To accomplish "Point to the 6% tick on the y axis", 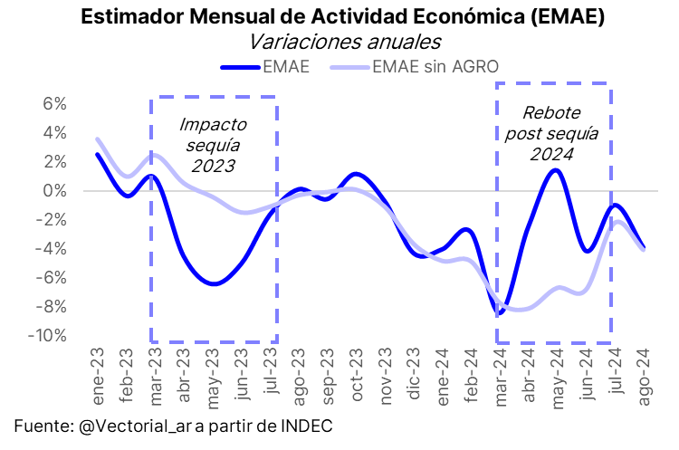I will coord(54,104).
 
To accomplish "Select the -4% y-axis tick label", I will coord(53,249).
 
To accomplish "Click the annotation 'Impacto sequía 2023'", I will coord(213,145).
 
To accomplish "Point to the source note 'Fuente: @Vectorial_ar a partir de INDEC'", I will coord(173,426).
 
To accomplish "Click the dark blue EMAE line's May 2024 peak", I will coord(556,170).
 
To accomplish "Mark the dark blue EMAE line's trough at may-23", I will coord(213,284).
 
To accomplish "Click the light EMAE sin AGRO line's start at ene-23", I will coord(98,139).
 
